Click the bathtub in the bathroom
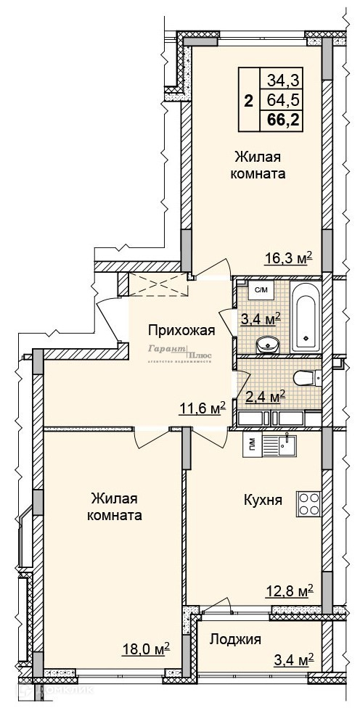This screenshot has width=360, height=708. click(306, 316)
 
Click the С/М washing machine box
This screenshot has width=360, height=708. click(261, 292)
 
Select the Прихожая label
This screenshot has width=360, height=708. click(181, 331)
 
